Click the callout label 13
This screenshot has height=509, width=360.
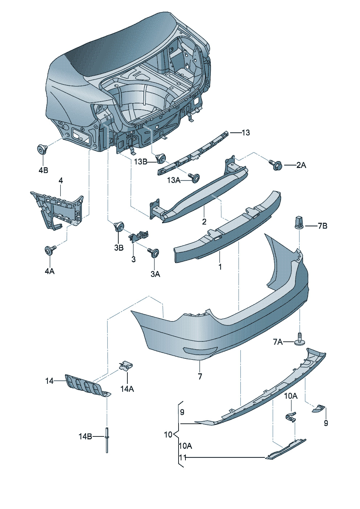click(x=246, y=133)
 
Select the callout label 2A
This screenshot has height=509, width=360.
click(x=301, y=165)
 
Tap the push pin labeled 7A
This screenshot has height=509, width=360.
click(x=300, y=339)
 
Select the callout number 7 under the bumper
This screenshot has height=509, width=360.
click(x=200, y=377)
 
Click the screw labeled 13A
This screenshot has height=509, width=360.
click(x=195, y=178)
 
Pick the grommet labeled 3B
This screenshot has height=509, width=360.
click(x=118, y=227)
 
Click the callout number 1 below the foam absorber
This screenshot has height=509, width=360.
click(x=220, y=267)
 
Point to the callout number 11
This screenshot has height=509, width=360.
click(x=183, y=458)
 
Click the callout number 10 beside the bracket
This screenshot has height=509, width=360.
click(x=168, y=434)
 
